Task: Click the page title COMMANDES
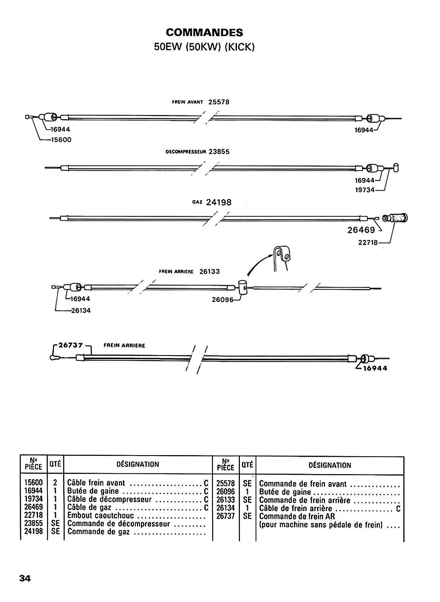tap(205, 32)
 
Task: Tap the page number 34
tap(25, 578)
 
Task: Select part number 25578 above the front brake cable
tap(219, 102)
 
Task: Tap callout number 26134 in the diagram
tap(81, 310)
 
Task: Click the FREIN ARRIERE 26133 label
tap(189, 271)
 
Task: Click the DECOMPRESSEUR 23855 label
tap(197, 152)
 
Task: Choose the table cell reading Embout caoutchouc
tap(100, 516)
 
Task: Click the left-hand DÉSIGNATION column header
tap(137, 464)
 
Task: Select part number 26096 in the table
tap(225, 492)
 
